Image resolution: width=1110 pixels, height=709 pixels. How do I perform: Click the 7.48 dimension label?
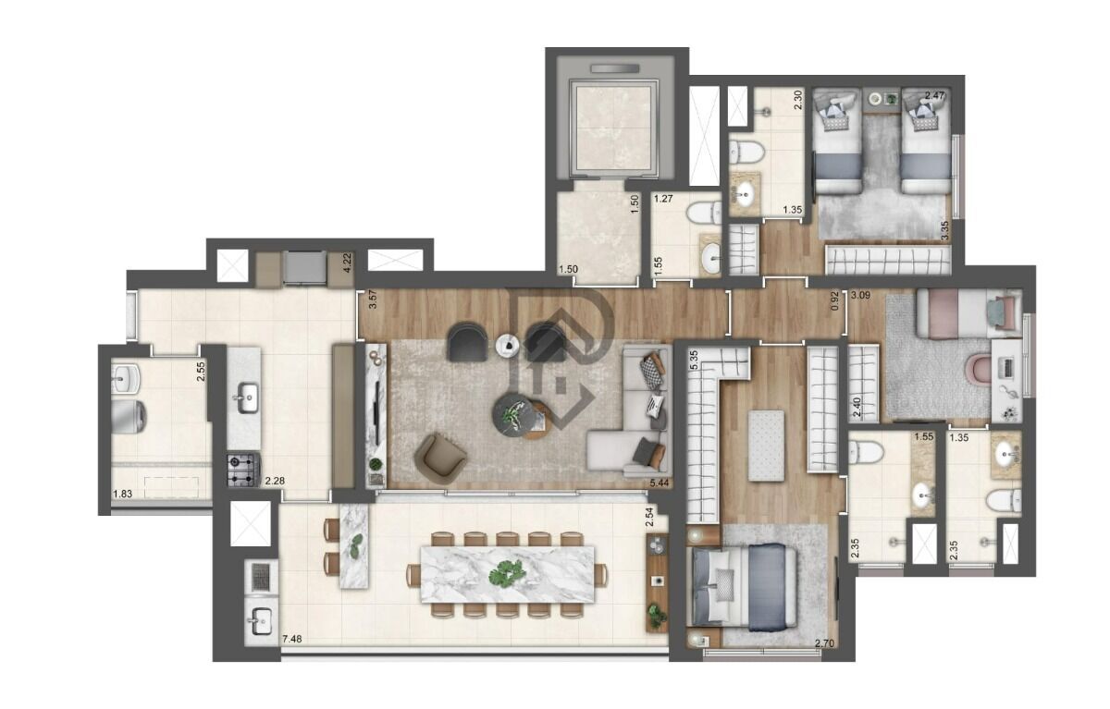pyautogui.click(x=292, y=639)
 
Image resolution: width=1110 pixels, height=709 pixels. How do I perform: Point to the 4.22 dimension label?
pyautogui.click(x=348, y=261)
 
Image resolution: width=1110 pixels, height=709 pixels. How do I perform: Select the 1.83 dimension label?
pyautogui.click(x=122, y=495)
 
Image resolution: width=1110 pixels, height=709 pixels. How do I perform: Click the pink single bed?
pyautogui.click(x=962, y=312)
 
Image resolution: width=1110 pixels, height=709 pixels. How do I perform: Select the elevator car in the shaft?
pyautogui.click(x=616, y=127)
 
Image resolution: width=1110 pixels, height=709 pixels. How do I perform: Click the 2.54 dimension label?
pyautogui.click(x=650, y=518)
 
